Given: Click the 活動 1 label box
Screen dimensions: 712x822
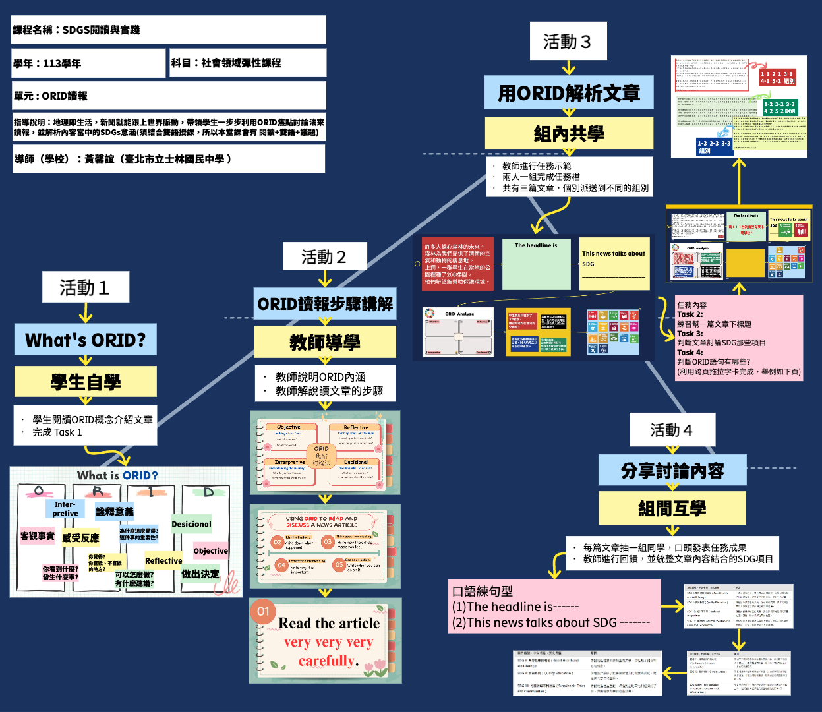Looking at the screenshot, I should [x=85, y=287].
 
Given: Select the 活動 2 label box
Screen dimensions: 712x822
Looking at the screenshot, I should [x=324, y=256].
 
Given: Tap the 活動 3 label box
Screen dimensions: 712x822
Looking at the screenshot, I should [x=568, y=42].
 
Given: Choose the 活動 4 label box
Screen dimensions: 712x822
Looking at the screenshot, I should [x=672, y=430].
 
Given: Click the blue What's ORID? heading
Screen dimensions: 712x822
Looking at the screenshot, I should [x=86, y=340].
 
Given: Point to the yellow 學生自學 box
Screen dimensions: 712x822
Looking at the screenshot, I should [x=86, y=382].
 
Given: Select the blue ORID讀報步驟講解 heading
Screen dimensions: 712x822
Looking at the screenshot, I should [x=325, y=304].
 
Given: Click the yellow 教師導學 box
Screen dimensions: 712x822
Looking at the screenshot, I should [x=325, y=342].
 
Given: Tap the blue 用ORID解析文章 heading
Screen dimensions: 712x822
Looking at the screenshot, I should [x=569, y=93].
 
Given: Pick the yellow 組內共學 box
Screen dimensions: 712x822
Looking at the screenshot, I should [x=569, y=134].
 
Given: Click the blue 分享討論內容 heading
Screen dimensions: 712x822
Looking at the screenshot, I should [x=672, y=471].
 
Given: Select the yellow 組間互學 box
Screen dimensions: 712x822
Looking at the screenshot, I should [x=672, y=508].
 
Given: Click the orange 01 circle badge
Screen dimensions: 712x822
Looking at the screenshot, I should [x=263, y=611].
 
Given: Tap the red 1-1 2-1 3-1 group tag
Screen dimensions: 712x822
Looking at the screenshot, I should [x=778, y=78].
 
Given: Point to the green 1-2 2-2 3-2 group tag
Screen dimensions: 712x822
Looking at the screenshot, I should [x=780, y=107].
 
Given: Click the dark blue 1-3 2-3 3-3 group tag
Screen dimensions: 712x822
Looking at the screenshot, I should [x=715, y=146].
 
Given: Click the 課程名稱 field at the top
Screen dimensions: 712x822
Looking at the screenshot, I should [x=169, y=30].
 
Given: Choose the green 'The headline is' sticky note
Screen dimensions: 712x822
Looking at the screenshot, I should [x=536, y=264].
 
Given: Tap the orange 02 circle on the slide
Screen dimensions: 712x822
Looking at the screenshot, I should [x=278, y=543].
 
